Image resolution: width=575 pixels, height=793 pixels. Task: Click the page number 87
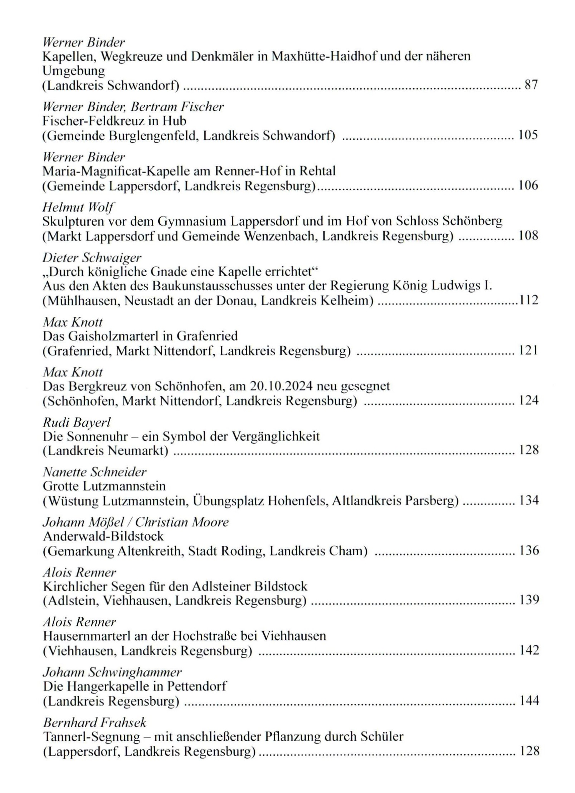[x=531, y=85]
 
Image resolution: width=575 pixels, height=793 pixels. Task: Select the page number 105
[x=528, y=135]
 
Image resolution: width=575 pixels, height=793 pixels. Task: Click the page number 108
[x=528, y=235]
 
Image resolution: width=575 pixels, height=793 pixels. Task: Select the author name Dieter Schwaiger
[x=92, y=257]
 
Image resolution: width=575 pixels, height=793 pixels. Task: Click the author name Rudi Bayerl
[x=77, y=422]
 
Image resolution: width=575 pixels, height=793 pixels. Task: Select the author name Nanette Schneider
[x=94, y=472]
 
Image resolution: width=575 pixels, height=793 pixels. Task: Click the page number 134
[x=529, y=500]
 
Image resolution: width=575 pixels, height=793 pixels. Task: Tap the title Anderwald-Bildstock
[x=103, y=536]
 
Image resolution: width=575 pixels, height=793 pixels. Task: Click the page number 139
[x=529, y=600]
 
